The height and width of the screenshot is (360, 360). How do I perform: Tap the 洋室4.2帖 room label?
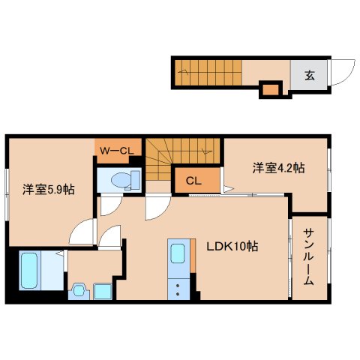tap(277, 168)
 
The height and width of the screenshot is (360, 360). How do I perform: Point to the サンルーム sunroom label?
tap(308, 259)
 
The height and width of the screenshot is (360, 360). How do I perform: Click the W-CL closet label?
tap(117, 151)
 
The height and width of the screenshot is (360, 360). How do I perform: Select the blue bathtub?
tap(32, 271)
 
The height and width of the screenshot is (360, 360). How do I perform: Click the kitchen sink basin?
tap(178, 254)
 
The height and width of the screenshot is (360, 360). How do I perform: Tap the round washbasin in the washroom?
tap(77, 290)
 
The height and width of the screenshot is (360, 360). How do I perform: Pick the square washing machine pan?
tap(102, 291)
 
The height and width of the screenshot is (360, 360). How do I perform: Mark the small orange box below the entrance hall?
tap(269, 90)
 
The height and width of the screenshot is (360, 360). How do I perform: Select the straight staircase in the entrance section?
tap(208, 73)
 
